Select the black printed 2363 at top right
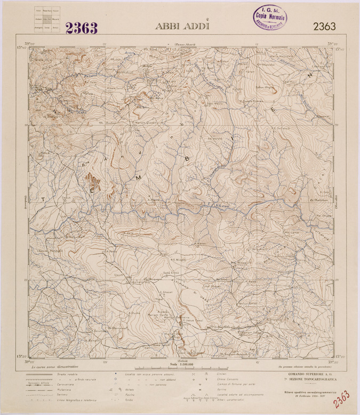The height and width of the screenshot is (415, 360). (324, 27)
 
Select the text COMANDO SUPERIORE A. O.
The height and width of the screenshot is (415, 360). (309, 375)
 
